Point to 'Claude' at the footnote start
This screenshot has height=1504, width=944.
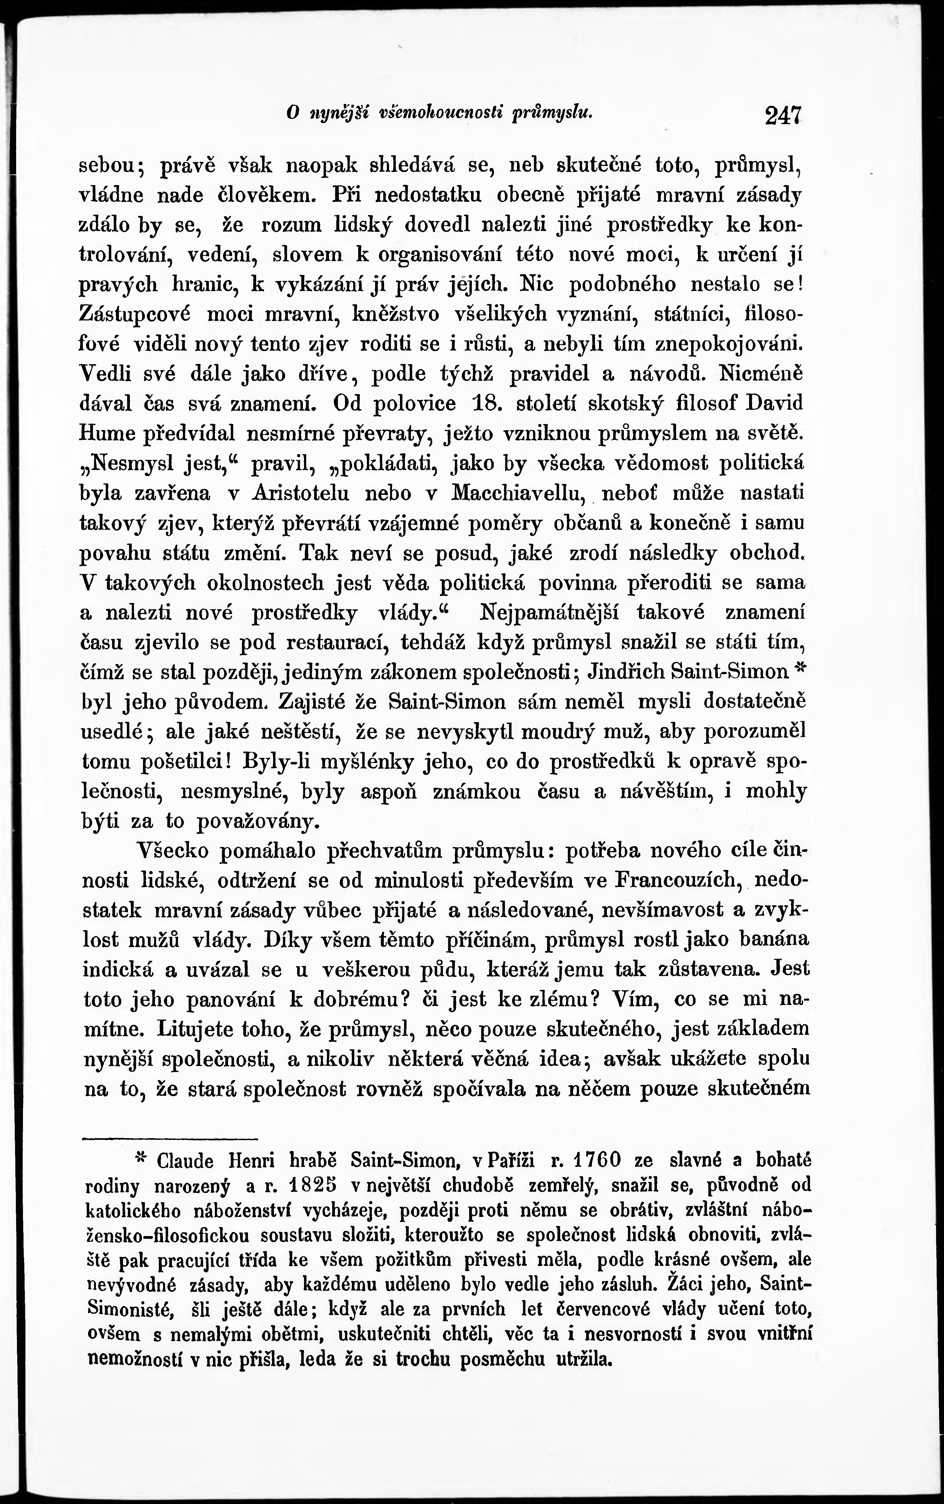tap(185, 1161)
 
